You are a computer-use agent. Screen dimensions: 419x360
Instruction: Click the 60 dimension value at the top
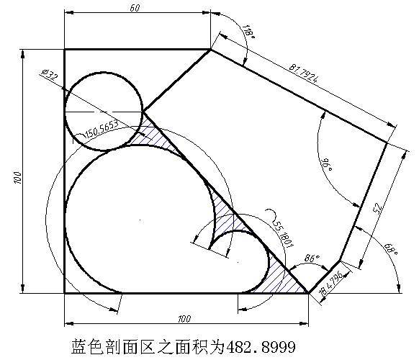135,9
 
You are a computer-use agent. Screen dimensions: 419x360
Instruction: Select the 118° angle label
248,32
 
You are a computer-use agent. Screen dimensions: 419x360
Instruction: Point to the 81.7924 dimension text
304,73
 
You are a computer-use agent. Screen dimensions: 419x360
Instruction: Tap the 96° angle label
326,165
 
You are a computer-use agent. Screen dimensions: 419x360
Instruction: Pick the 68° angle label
391,249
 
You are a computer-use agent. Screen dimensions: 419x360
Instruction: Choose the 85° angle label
312,258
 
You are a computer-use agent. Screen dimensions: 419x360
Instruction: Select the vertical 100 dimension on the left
17,177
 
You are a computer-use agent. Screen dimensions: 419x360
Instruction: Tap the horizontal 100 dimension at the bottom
184,319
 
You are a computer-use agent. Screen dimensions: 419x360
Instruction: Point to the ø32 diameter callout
50,76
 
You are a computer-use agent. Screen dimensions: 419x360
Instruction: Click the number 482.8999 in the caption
261,346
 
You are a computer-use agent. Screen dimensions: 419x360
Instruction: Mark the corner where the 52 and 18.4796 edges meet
340,260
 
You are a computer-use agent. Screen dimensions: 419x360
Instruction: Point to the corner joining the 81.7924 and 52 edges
387,143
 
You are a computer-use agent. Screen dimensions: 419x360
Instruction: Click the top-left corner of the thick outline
65,50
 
